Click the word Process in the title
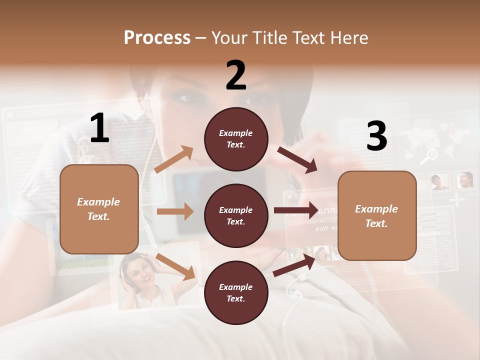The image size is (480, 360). tap(157, 37)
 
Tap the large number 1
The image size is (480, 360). tap(99, 128)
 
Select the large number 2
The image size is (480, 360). tap(236, 75)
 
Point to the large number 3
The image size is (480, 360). tap(376, 136)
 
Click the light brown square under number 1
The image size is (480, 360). tap(99, 209)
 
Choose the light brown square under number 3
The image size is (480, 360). tap(377, 215)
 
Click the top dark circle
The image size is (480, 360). tap(236, 139)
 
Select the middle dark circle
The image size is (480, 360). tap(236, 215)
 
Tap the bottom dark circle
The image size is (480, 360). tap(236, 292)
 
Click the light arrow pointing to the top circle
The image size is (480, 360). tap(174, 159)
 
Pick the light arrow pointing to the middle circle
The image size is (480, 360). tap(175, 211)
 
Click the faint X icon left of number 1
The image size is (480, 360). tap(10, 115)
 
